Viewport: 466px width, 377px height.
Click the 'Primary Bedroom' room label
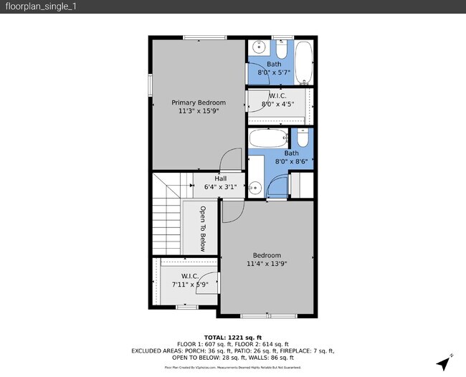(198, 102)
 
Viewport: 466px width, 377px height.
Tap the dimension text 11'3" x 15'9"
(198, 112)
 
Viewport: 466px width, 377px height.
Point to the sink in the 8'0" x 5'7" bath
(259, 49)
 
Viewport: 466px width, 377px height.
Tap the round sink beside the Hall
(255, 188)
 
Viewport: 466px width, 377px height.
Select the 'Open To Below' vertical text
(203, 229)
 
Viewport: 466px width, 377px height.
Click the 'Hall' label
(211, 179)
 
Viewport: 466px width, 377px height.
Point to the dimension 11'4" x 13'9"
(267, 264)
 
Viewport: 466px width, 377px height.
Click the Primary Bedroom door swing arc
(231, 159)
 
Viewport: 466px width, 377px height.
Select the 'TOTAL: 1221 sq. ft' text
(232, 337)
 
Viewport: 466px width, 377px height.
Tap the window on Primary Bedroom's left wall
(151, 83)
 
